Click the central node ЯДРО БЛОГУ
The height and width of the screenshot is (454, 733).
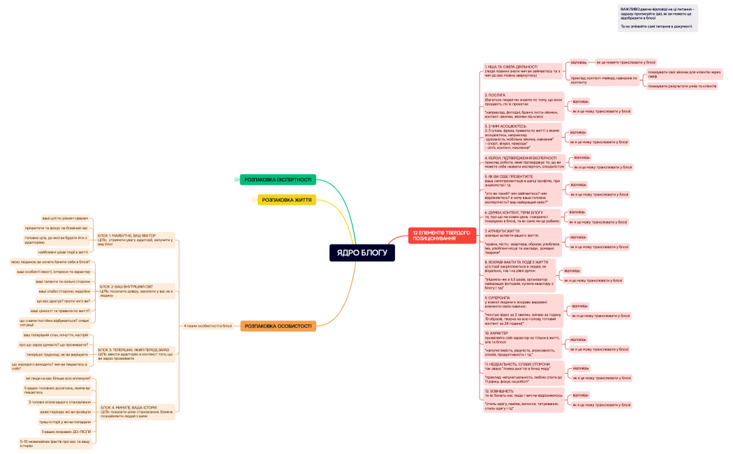click(362, 253)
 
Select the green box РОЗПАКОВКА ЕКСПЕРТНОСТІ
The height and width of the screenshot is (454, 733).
click(278, 180)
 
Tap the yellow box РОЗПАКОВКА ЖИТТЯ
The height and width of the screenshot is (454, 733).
click(287, 200)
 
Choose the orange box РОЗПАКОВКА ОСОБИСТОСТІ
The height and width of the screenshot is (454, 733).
click(278, 326)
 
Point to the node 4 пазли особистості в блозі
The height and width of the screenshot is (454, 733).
click(207, 326)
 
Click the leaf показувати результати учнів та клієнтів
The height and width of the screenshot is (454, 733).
click(681, 86)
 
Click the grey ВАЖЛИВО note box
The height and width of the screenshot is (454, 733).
click(658, 18)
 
